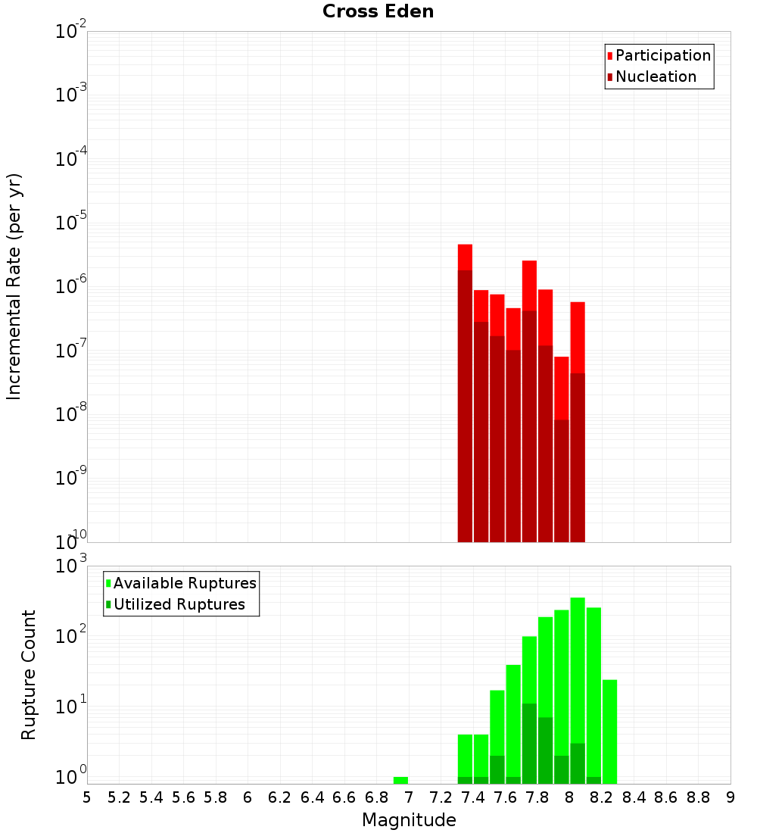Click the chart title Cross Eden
(x=378, y=11)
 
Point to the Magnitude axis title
(x=409, y=820)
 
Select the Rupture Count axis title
(x=29, y=675)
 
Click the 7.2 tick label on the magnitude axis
(x=441, y=797)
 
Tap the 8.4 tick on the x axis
(x=634, y=797)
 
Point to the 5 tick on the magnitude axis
(x=87, y=797)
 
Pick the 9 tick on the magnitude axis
(x=731, y=797)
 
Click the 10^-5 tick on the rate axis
(x=71, y=223)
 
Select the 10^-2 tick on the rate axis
(x=71, y=32)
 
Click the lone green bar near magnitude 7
(x=400, y=780)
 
